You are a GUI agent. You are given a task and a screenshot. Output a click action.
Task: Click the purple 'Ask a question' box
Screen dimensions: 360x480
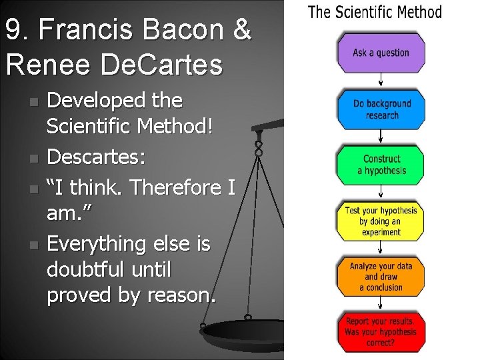tap(381, 53)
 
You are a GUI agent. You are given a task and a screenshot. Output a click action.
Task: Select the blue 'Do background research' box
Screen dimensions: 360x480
tap(381, 109)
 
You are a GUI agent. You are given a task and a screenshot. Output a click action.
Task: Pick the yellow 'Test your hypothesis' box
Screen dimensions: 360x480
tap(381, 221)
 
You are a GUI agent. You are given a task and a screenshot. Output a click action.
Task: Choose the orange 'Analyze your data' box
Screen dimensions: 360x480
tap(381, 277)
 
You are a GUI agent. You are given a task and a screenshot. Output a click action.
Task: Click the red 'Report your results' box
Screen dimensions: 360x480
tap(381, 331)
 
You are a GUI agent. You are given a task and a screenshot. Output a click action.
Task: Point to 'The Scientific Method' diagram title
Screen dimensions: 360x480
tap(375, 12)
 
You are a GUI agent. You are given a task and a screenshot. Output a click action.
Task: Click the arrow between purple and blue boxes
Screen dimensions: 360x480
tap(381, 81)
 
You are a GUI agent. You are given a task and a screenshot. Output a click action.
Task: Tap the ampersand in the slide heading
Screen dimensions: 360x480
tap(242, 31)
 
